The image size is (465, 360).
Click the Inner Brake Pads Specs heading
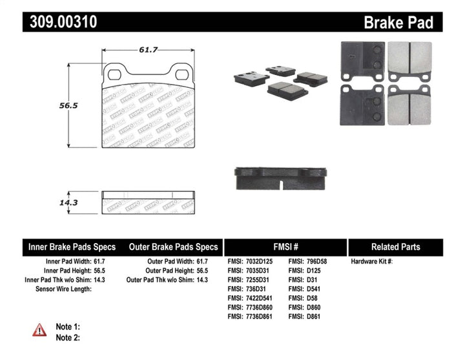(72, 247)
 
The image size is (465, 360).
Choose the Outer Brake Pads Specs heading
(174, 247)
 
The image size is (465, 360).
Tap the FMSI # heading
(285, 247)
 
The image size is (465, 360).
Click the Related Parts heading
(395, 247)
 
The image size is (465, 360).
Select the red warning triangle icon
(40, 330)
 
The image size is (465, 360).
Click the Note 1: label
(68, 327)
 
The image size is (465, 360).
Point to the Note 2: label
(68, 337)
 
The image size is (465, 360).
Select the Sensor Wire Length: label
(63, 289)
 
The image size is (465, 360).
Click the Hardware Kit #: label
(371, 261)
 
